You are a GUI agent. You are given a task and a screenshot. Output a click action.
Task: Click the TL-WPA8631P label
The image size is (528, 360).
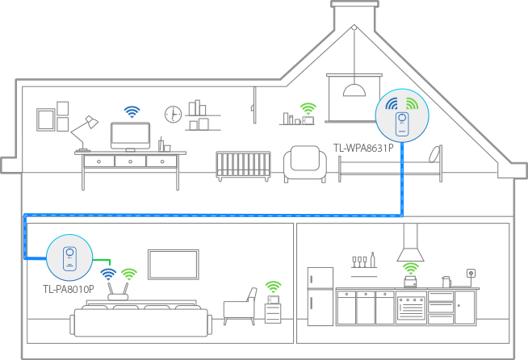tap(363, 148)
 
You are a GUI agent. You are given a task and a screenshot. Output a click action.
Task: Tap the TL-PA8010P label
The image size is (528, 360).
tap(69, 289)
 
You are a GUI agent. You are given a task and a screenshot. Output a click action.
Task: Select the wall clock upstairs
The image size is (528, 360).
tap(173, 114)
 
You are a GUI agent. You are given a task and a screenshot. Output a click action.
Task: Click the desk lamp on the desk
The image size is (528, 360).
tap(84, 133)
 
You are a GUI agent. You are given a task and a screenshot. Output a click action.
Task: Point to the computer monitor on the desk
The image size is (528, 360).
tap(130, 136)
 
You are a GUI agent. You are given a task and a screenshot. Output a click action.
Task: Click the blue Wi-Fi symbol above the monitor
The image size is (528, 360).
tap(132, 111)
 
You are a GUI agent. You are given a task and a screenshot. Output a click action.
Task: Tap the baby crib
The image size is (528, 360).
tap(243, 165)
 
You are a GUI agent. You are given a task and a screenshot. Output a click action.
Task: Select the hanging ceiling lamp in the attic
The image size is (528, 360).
tap(354, 90)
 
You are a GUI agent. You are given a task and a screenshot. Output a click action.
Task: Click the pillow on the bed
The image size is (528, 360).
tap(435, 154)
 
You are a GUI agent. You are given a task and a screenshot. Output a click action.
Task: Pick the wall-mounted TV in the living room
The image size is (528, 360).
tap(174, 265)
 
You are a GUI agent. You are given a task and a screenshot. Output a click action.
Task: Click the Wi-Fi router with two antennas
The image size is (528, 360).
tap(118, 292)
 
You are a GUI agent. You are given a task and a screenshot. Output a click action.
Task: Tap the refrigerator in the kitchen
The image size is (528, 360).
tap(321, 297)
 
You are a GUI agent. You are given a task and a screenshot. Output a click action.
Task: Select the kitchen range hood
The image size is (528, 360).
tap(410, 242)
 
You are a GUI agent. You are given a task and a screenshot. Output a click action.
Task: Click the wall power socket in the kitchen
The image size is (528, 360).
tap(471, 273)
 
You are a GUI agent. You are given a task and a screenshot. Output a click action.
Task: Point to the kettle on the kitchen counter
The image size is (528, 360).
tap(446, 282)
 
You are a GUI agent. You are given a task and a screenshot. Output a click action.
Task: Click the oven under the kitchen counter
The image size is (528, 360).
tap(411, 307)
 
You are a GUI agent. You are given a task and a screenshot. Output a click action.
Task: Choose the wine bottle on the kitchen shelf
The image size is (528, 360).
tap(373, 260)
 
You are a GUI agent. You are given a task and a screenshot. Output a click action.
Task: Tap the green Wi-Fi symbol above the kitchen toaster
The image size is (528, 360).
tap(411, 269)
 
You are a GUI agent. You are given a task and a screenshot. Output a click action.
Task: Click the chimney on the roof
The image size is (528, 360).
tap(354, 15)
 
